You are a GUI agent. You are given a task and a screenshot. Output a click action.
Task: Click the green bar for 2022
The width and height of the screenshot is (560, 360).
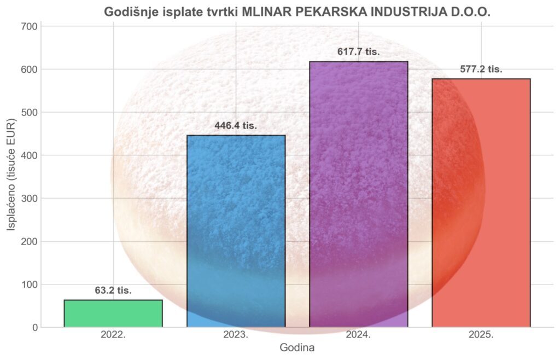(x=113, y=313)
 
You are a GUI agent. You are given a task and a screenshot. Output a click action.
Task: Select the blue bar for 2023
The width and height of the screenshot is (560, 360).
(x=236, y=231)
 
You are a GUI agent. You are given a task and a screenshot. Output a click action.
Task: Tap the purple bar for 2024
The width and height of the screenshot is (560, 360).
(x=358, y=194)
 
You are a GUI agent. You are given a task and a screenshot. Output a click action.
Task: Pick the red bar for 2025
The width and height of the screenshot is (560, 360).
(x=481, y=203)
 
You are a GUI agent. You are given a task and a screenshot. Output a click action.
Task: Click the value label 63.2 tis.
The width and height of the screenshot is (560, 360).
(x=113, y=291)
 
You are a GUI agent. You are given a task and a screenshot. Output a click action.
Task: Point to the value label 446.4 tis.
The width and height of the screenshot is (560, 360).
(x=236, y=126)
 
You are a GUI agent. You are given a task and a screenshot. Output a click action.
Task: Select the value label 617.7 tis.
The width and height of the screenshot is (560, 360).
(x=358, y=52)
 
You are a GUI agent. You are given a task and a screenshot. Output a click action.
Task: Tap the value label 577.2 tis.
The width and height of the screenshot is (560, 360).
(x=481, y=69)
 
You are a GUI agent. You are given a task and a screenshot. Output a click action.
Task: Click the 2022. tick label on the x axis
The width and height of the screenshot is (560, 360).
(x=113, y=335)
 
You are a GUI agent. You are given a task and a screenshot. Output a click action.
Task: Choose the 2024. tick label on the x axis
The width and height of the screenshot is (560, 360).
(x=358, y=335)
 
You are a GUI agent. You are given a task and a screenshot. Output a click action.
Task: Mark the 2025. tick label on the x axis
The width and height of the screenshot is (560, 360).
(x=481, y=335)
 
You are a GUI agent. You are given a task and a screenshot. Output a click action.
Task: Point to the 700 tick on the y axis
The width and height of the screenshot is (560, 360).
(x=31, y=26)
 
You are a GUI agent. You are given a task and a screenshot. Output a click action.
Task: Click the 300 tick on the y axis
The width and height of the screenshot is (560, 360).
(x=31, y=199)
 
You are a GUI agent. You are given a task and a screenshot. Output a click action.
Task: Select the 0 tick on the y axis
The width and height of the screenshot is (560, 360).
(x=35, y=328)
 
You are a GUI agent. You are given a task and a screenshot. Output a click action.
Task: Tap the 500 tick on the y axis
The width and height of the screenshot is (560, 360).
(x=31, y=113)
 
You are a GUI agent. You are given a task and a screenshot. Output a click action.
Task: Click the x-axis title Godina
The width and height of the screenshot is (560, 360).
(x=297, y=348)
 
